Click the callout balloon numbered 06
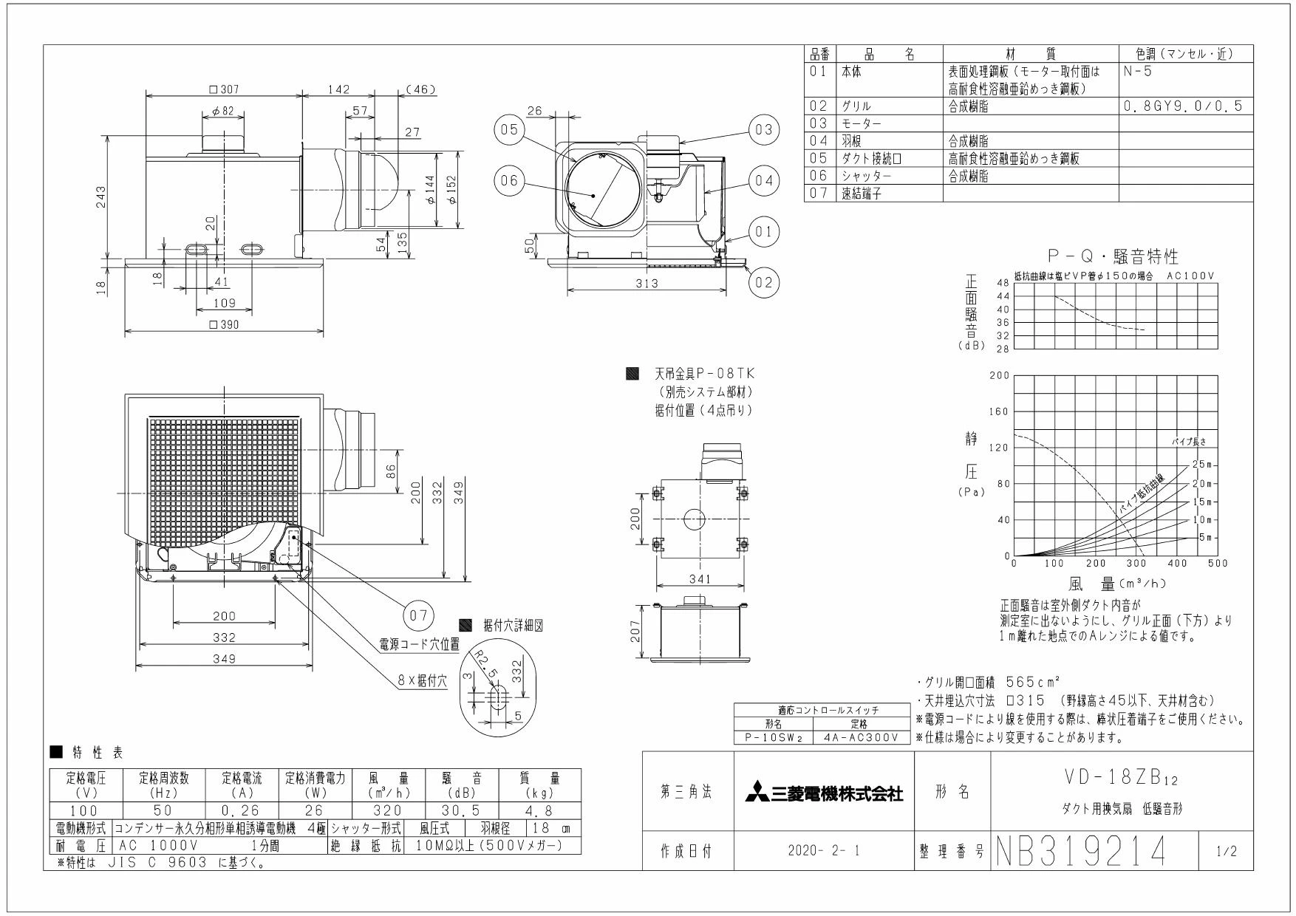click(508, 182)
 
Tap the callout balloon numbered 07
click(419, 615)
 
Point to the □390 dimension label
click(225, 324)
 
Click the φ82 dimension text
click(223, 111)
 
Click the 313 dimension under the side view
click(647, 284)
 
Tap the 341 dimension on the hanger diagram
click(699, 578)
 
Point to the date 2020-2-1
click(824, 851)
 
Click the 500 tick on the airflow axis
click(1218, 564)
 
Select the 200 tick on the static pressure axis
click(999, 375)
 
